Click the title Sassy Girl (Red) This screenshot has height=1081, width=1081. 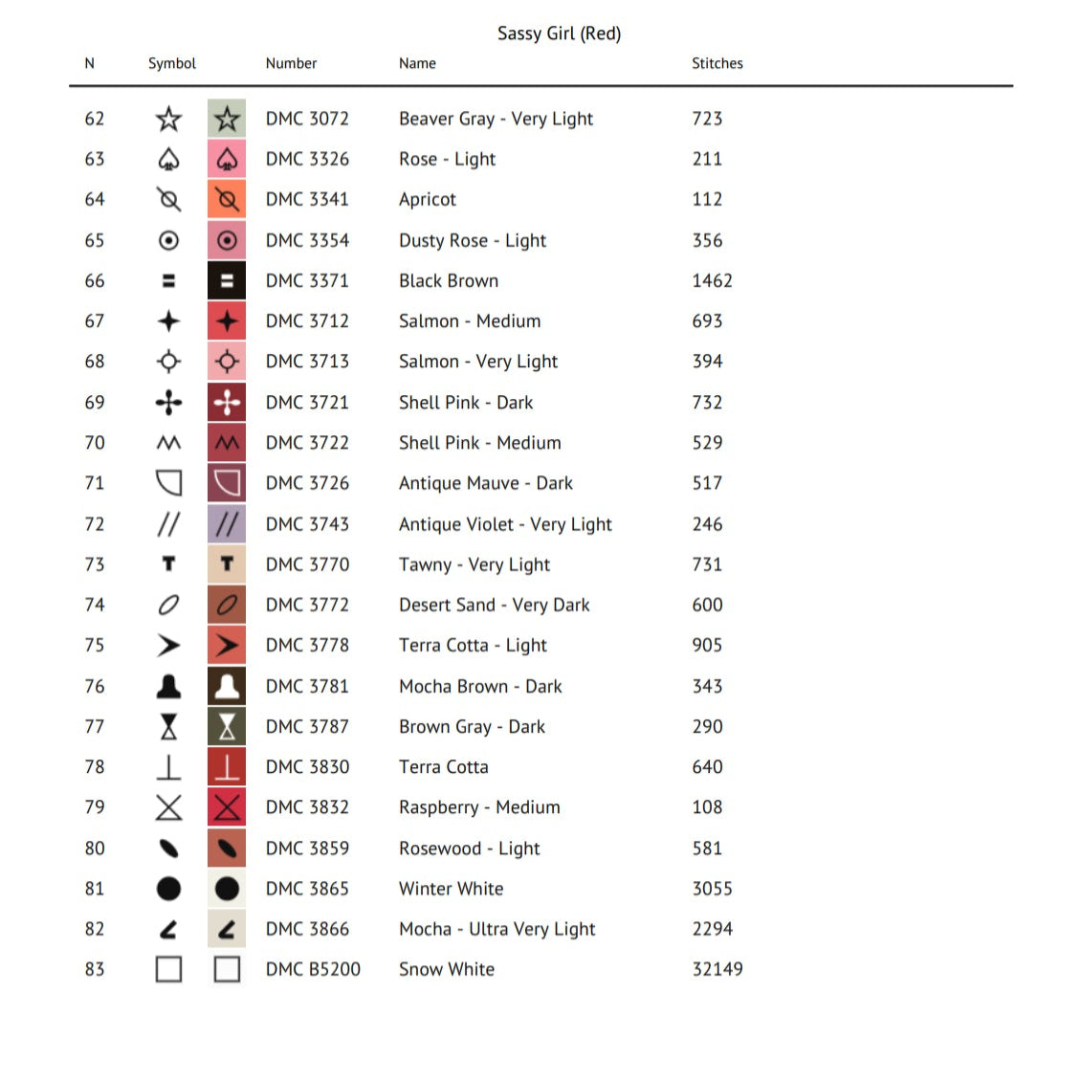pos(559,33)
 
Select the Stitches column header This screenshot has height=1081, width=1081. pos(717,63)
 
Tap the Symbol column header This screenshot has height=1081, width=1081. pos(172,63)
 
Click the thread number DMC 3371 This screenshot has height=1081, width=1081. pos(307,280)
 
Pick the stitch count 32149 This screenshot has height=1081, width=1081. pos(717,969)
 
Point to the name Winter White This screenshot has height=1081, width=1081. pos(451,889)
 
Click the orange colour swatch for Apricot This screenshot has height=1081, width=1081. pos(227,199)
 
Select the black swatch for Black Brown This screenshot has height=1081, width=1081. pos(227,280)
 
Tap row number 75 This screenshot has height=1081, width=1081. pos(95,645)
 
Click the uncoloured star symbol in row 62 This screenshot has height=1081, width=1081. pos(168,119)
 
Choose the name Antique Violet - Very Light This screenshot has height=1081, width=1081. pos(505,524)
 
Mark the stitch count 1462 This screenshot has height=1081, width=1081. pos(712,280)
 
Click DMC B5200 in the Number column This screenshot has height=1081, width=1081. pos(313,969)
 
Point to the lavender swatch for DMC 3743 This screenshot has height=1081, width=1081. pos(227,524)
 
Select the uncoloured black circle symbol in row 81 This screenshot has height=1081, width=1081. pos(168,889)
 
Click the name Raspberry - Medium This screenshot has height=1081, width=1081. pos(479,807)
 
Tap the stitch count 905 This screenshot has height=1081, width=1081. pos(707,645)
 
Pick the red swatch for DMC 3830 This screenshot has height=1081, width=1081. pos(227,767)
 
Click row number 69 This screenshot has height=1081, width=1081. pos(95,403)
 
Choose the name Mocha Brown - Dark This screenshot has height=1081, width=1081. pos(480,686)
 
